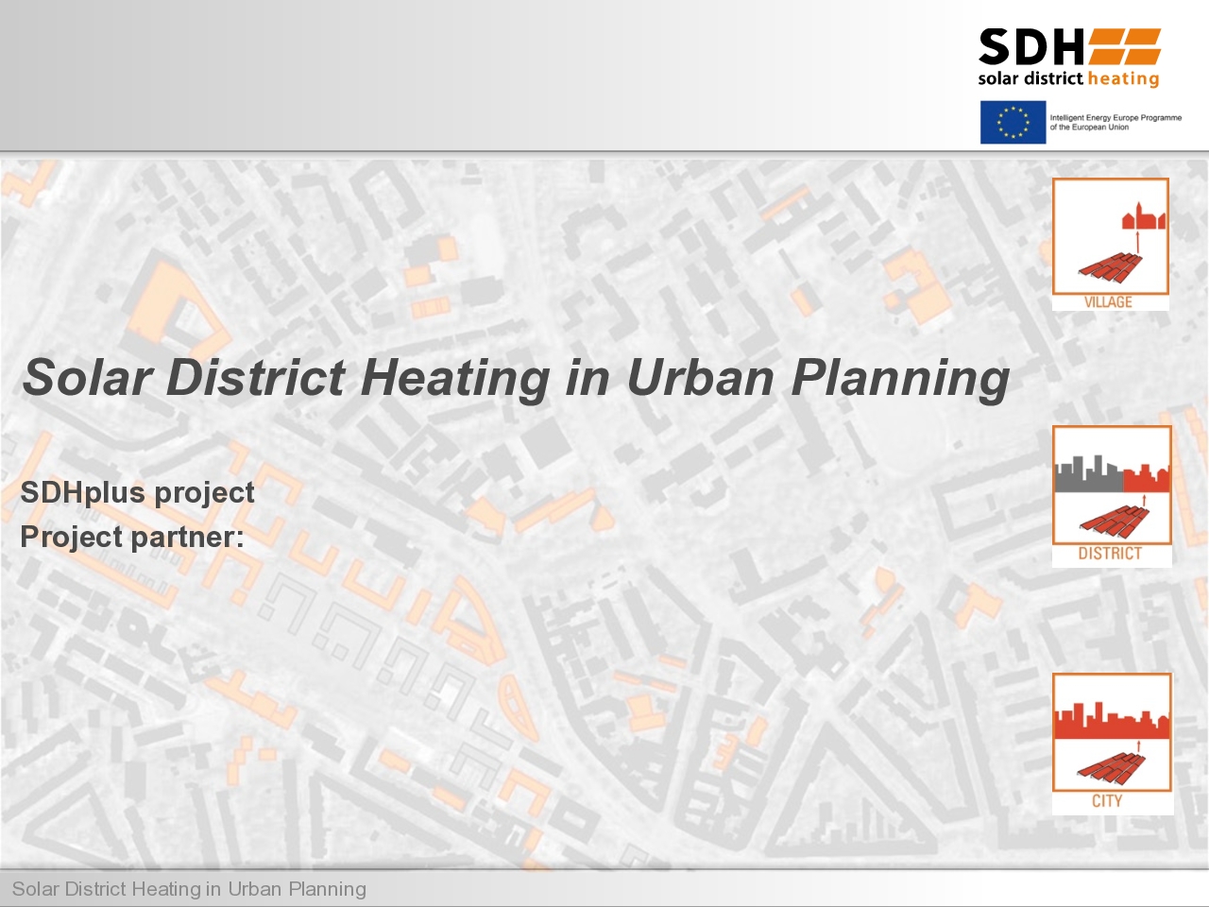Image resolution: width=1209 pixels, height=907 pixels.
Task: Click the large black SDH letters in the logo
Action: (x=1031, y=47)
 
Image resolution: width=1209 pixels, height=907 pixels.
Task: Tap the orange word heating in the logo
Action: (x=1124, y=79)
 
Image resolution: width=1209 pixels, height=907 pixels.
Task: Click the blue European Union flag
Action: (x=1013, y=122)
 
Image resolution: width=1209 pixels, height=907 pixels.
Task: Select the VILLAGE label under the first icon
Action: (x=1108, y=302)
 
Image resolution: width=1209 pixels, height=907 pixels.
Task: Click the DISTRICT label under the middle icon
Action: (x=1110, y=554)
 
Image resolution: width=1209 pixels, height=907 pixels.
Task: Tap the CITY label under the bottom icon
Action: (x=1107, y=801)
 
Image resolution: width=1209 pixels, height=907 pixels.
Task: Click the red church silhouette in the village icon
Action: (x=1144, y=215)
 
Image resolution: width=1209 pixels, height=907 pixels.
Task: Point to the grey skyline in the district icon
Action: (x=1089, y=473)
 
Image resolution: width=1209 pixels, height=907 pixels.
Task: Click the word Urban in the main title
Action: (x=701, y=378)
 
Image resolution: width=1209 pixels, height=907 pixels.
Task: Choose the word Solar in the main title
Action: (x=88, y=377)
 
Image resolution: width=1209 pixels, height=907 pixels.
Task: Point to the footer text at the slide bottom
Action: (x=189, y=889)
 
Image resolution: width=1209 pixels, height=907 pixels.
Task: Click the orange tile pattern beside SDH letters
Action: (x=1125, y=46)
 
